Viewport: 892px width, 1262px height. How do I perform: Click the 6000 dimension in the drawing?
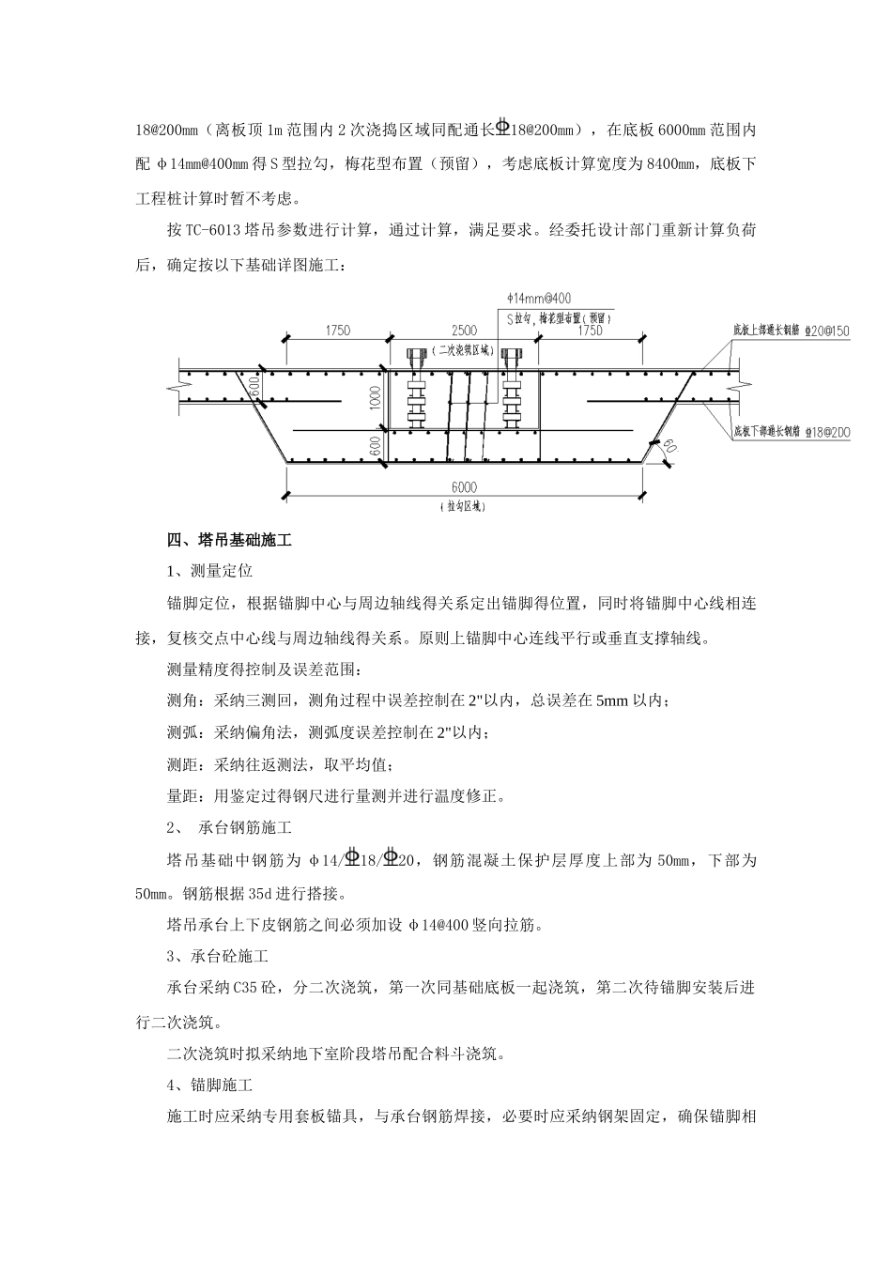pos(464,486)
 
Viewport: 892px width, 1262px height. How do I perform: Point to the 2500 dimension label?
pos(464,331)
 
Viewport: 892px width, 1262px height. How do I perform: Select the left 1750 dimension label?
pos(337,331)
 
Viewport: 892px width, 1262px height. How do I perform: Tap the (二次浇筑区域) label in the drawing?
pos(464,349)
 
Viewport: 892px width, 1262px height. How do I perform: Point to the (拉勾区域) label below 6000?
pos(464,506)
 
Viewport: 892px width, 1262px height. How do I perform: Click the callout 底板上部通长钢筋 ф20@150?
pos(791,331)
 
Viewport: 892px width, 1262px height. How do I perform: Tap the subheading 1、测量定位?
pos(209,571)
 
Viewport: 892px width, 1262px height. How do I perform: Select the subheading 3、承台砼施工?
pos(217,957)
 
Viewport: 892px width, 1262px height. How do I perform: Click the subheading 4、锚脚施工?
pos(209,1085)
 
